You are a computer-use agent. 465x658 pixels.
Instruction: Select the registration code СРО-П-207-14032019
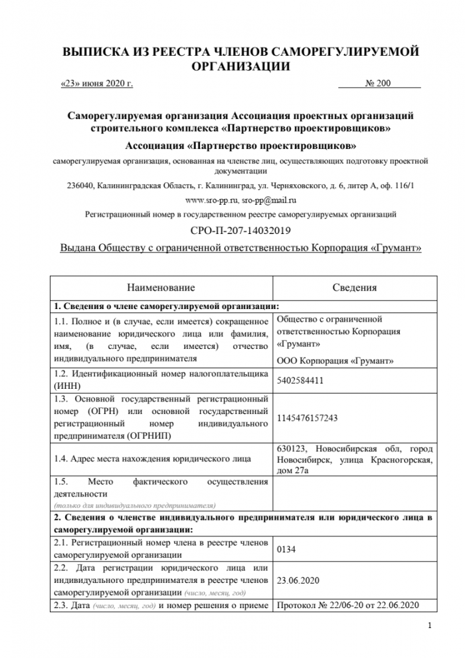241,231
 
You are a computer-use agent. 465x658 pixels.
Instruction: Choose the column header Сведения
354,288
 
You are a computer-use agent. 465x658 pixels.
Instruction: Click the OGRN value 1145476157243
306,418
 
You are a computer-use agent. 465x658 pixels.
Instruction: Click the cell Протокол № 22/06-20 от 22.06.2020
347,605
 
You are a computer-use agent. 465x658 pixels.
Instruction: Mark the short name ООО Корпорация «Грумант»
334,360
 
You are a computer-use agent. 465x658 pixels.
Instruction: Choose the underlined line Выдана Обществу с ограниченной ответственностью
241,248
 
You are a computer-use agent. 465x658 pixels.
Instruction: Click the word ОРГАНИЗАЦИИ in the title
241,66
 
